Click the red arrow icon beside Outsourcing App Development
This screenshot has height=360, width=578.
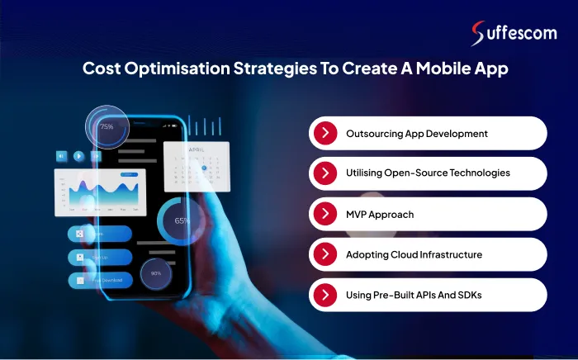click(327, 133)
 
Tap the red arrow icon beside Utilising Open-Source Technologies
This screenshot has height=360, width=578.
click(327, 173)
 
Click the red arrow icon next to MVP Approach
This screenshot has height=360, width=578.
click(327, 214)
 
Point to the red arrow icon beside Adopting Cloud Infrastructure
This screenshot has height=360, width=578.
click(327, 254)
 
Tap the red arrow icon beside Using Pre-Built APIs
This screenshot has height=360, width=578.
click(327, 295)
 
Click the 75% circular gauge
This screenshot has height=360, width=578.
click(107, 127)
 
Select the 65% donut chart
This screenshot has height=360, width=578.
click(182, 220)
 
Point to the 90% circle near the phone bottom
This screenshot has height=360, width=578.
click(156, 272)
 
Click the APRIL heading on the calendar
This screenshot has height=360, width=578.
click(196, 150)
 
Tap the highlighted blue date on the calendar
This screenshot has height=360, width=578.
click(204, 168)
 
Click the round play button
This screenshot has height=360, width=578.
click(78, 155)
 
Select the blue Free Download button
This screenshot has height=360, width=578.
click(101, 281)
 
